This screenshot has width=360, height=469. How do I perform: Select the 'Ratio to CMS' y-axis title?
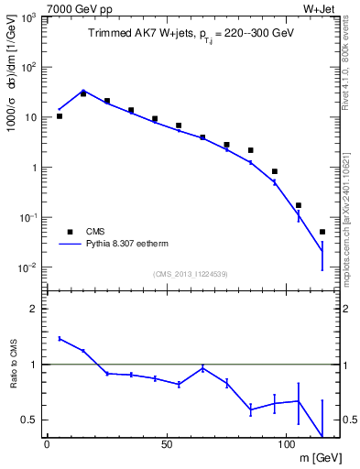click(13, 365)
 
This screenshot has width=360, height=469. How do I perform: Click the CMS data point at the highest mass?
click(322, 232)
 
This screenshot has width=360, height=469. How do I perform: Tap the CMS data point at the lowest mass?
click(60, 116)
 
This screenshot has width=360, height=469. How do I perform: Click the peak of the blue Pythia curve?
click(83, 91)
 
